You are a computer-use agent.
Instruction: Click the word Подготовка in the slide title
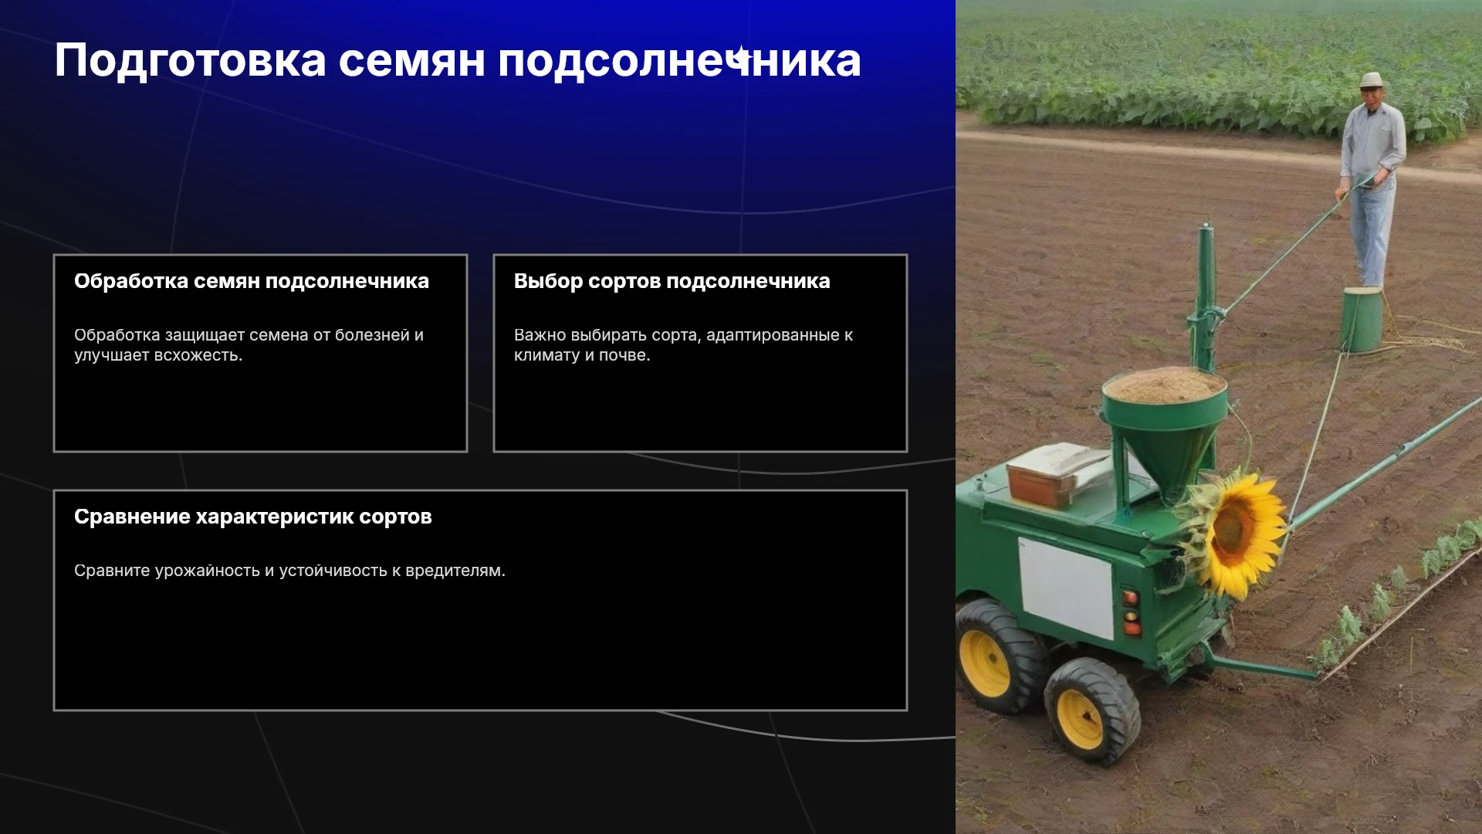(x=191, y=62)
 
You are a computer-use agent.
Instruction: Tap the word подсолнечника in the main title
(x=679, y=62)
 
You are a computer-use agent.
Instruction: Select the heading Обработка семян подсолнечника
(x=252, y=281)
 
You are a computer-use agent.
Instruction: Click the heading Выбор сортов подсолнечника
(x=672, y=281)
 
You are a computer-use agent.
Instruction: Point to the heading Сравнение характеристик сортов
(x=253, y=517)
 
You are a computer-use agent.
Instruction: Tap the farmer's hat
(x=1371, y=80)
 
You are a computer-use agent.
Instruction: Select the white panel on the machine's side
(x=1066, y=587)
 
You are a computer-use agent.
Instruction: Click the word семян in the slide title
(x=412, y=62)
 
